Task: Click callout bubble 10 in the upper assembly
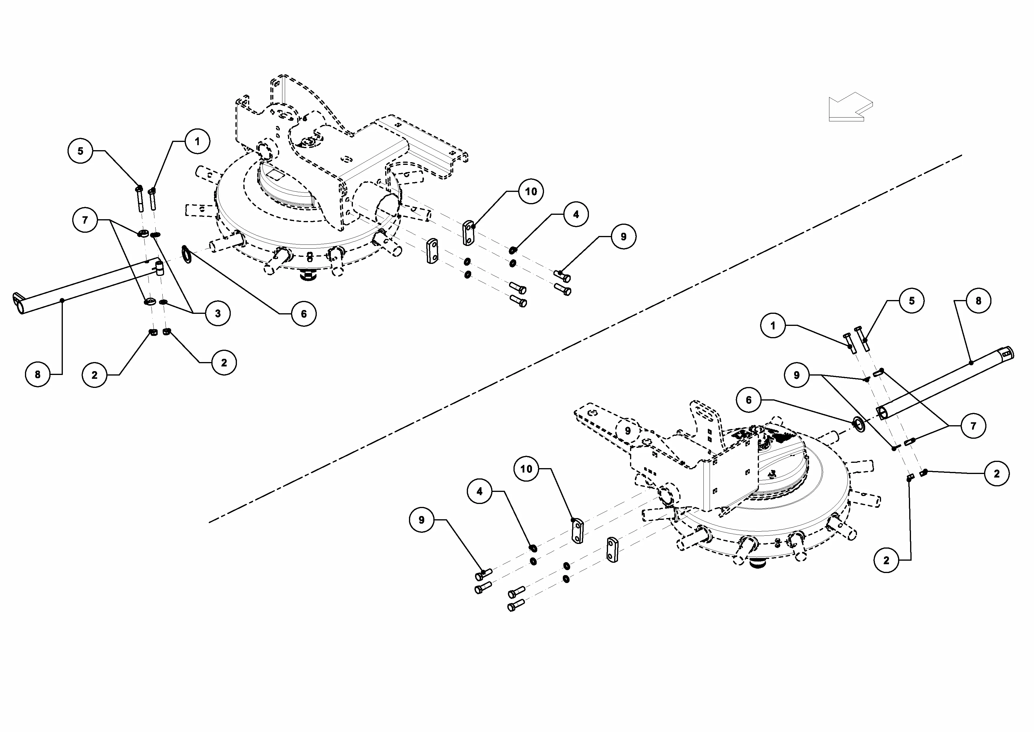coord(531,192)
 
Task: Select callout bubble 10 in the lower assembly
coord(526,469)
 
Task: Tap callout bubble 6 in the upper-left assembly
coord(304,314)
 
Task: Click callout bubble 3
coord(218,313)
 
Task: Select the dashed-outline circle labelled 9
coord(628,431)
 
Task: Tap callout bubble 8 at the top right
coord(978,301)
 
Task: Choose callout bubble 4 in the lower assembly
coord(479,491)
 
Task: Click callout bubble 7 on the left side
coord(85,220)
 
